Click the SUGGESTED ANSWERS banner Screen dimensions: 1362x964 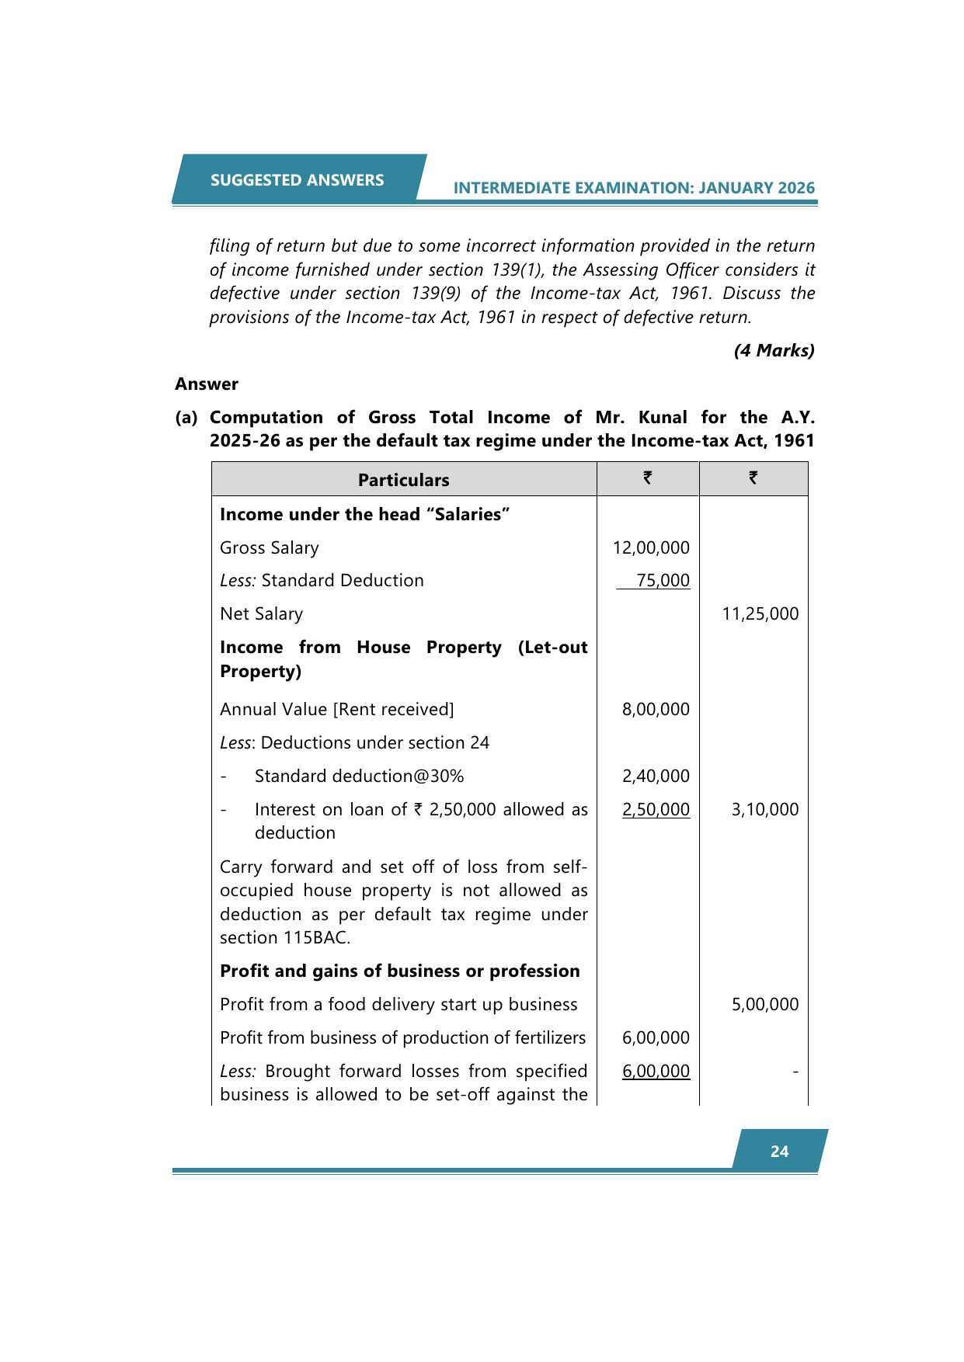point(297,180)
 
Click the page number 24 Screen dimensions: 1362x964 point(779,1152)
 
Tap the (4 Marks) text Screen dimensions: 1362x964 point(774,350)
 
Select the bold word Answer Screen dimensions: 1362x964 point(207,384)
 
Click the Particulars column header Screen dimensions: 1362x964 point(403,480)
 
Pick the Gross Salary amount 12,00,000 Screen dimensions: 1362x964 point(651,547)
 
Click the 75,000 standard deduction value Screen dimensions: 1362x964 point(663,580)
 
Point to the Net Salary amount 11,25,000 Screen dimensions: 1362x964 point(760,613)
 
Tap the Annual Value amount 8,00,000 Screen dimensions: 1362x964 point(656,709)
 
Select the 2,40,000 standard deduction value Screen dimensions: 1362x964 point(656,776)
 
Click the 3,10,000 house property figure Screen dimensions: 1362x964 point(764,809)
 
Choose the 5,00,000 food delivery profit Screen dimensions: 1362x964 point(764,1004)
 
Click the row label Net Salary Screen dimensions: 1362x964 point(261,613)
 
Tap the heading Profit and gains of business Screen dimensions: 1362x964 point(399,971)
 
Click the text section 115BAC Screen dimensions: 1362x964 point(284,937)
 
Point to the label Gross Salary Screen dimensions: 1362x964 point(269,547)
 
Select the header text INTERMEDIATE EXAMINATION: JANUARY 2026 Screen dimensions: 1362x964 point(634,188)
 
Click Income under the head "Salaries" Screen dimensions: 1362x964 point(364,514)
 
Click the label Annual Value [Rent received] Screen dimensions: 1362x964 point(336,709)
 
